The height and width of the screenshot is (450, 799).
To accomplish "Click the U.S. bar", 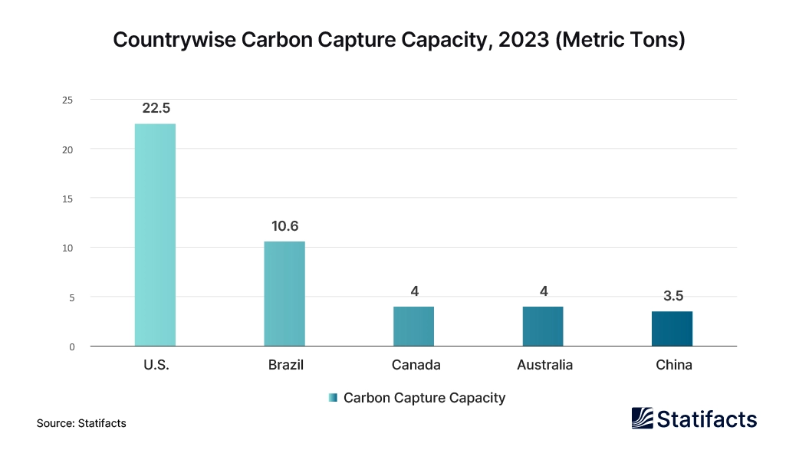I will (155, 235).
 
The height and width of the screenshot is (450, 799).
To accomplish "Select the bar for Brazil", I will (284, 294).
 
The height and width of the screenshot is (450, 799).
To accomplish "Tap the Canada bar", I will (414, 326).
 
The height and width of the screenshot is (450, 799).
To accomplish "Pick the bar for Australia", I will (543, 326).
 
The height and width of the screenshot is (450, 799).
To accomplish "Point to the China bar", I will (672, 328).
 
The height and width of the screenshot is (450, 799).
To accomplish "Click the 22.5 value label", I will (156, 108).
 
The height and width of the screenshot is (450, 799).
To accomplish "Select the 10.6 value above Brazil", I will (284, 226).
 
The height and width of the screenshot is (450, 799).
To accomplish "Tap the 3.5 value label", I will (672, 296).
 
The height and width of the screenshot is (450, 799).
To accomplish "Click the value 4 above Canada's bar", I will (414, 291).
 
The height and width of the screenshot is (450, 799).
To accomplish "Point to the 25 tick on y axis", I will (68, 100).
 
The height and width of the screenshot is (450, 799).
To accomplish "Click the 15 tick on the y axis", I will (68, 199).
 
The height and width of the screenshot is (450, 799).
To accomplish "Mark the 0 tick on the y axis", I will (71, 347).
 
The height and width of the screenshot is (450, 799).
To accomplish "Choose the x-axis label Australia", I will (544, 365).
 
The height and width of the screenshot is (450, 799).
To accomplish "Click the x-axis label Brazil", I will (285, 365).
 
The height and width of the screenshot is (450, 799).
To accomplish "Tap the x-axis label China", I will (673, 365).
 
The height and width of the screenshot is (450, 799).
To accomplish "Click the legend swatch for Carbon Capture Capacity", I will (332, 398).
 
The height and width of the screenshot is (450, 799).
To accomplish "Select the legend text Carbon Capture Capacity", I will (424, 398).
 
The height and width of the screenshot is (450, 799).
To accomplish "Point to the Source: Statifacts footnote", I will (81, 423).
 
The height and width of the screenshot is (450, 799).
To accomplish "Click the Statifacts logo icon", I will (643, 419).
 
